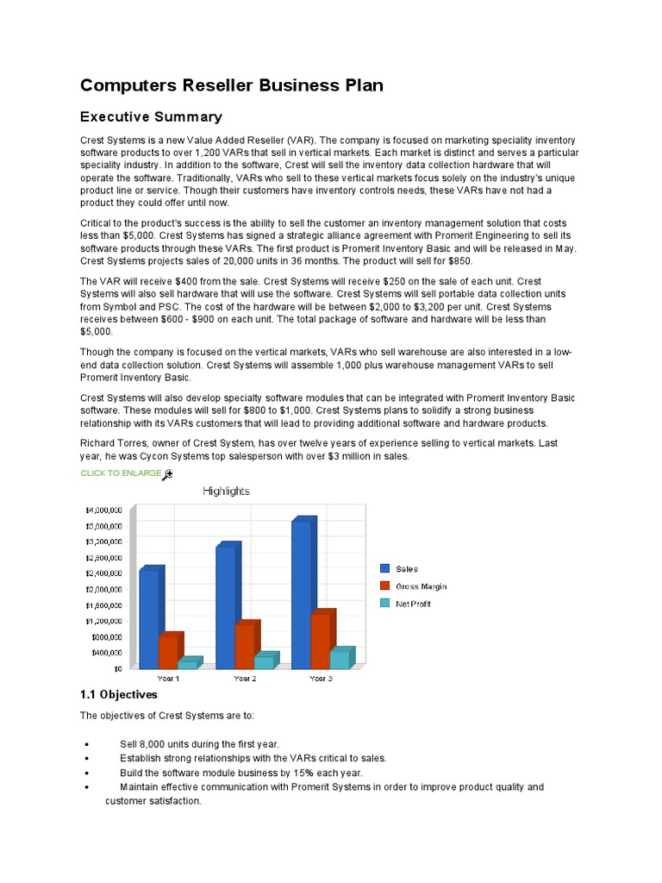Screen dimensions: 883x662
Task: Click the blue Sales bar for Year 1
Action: point(149,618)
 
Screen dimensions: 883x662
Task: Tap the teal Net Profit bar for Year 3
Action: point(340,659)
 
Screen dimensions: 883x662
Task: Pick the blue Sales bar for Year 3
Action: point(301,594)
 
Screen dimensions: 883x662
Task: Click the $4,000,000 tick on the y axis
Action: point(103,510)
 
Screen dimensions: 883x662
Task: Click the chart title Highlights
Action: point(226,492)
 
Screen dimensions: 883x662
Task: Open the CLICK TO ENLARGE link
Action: point(121,473)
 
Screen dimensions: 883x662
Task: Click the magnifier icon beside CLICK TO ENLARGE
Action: point(168,473)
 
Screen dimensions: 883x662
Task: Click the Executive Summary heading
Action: point(151,116)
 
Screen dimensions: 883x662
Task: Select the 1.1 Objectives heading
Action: point(119,694)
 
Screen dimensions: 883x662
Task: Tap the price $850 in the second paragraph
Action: point(458,261)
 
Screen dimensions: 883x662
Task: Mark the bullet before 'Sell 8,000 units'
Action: point(89,744)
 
